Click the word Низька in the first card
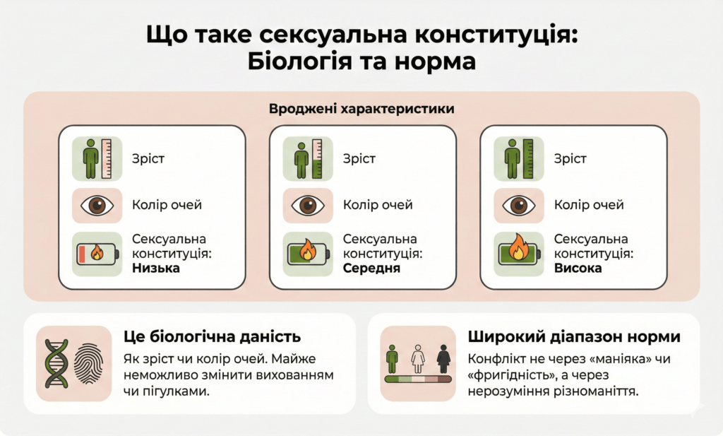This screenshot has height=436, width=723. click(x=156, y=269)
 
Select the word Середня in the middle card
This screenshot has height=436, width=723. click(x=372, y=269)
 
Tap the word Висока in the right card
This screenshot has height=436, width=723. click(x=578, y=269)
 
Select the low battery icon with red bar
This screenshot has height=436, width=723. click(x=96, y=253)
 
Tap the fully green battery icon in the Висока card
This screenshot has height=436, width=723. click(x=518, y=253)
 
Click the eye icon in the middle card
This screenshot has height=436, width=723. click(x=307, y=206)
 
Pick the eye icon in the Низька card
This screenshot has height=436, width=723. click(x=96, y=206)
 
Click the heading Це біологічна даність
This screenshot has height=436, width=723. click(x=212, y=336)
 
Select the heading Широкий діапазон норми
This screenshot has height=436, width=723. click(x=573, y=336)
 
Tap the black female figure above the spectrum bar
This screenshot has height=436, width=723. click(x=443, y=358)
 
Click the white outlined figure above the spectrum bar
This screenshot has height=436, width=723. click(x=417, y=358)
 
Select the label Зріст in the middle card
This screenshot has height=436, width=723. click(x=359, y=158)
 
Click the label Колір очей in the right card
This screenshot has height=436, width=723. click(x=589, y=206)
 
